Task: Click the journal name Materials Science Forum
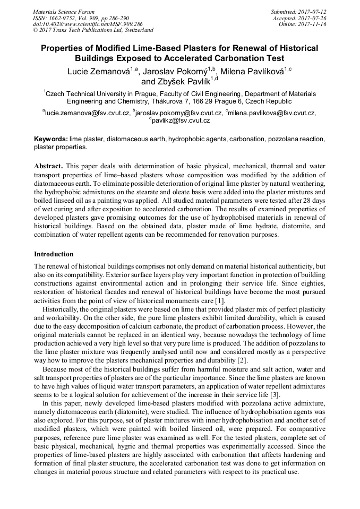click(x=64, y=12)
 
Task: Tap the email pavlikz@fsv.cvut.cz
click(x=181, y=120)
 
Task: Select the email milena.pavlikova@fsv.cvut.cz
click(x=272, y=113)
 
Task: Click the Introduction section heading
click(x=54, y=254)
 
